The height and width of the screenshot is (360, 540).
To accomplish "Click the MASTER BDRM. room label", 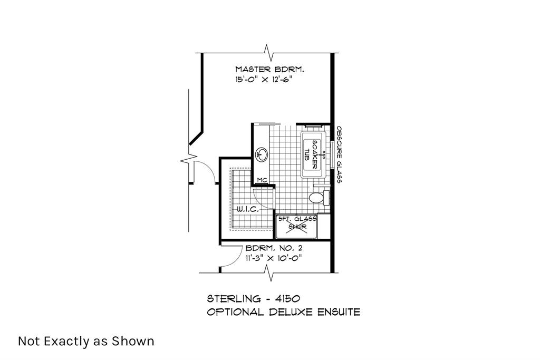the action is (x=269, y=70).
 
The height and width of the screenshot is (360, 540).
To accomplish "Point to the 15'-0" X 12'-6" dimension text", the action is (x=264, y=80).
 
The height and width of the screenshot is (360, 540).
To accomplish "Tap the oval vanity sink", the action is (x=262, y=154).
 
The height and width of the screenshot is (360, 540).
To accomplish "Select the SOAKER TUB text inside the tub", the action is (x=311, y=154).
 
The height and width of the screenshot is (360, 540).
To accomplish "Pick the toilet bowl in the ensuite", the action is (x=316, y=198).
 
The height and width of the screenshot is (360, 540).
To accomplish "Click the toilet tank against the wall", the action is (x=326, y=198).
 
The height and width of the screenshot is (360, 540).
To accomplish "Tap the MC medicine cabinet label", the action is (x=263, y=180).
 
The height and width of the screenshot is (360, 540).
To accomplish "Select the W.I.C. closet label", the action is (x=248, y=209).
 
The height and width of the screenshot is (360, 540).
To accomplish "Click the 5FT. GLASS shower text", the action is (x=297, y=219).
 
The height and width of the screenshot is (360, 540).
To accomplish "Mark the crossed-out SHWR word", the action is (x=297, y=227).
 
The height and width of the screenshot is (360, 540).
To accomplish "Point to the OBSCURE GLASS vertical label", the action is (x=339, y=154).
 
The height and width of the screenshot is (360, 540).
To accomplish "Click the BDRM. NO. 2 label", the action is (x=274, y=248).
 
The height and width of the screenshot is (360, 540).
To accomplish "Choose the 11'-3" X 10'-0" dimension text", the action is (x=274, y=258).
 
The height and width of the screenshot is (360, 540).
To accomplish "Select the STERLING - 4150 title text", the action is (x=254, y=298).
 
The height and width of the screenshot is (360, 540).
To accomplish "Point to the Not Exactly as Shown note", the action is (x=86, y=342).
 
